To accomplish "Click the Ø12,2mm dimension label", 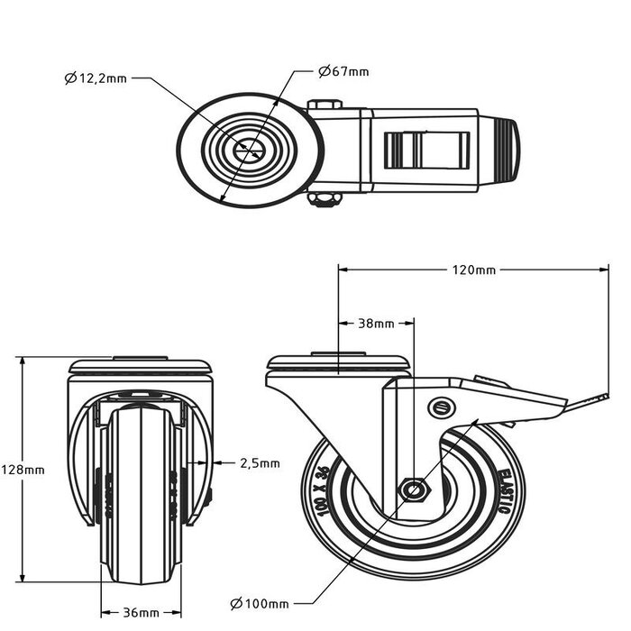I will [x=96, y=78].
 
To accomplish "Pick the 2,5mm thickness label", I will [x=260, y=463].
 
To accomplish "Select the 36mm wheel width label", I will [x=140, y=612].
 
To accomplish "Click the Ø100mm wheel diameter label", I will [x=260, y=603].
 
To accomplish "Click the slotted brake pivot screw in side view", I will [x=440, y=407].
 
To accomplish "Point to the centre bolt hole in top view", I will [x=248, y=151].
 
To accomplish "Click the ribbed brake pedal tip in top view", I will [x=508, y=151].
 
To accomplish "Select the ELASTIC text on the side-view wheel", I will [x=504, y=492].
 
